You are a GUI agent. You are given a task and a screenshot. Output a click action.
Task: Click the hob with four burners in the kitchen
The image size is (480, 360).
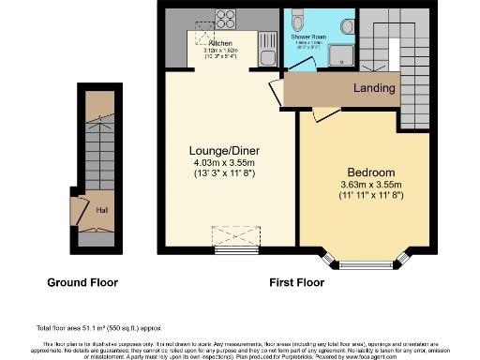pos(226,21)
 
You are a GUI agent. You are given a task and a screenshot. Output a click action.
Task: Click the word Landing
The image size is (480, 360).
pos(373,88)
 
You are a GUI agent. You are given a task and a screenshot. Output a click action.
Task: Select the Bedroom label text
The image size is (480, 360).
pos(371,173)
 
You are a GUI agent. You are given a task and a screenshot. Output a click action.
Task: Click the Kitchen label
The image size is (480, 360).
pos(221,43)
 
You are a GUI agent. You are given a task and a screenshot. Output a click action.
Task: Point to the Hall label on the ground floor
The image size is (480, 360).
pos(101,209)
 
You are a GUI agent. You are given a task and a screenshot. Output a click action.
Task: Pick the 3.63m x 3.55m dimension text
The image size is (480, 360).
pos(371,186)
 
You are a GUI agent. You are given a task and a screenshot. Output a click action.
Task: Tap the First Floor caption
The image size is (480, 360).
pos(298,281)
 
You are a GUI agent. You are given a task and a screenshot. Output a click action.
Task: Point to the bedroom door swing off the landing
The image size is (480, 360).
pos(321,114)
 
